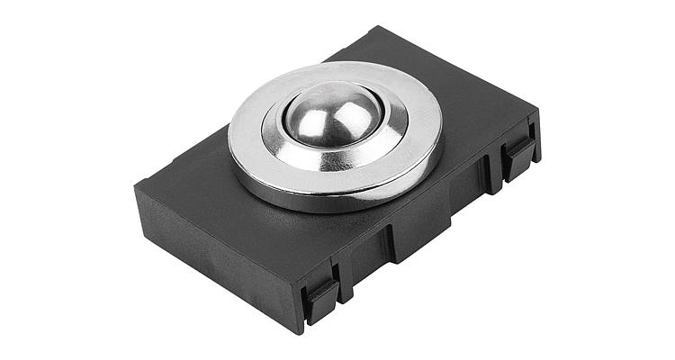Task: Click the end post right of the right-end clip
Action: (x=535, y=148)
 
